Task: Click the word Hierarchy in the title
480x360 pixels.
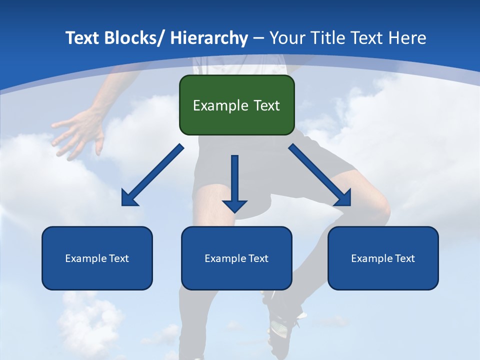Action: pos(209,38)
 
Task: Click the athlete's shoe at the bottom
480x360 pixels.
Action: pos(282,325)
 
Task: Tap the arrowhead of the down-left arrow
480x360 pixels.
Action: pos(129,198)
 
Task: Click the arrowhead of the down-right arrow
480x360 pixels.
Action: pos(343,198)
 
